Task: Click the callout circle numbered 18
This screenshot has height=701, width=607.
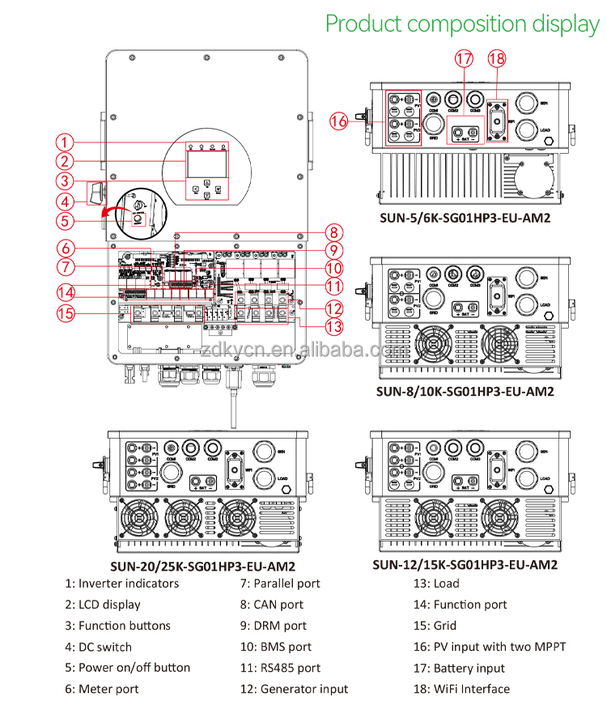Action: coord(497,59)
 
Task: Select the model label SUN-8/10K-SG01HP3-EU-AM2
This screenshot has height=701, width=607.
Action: coord(465,391)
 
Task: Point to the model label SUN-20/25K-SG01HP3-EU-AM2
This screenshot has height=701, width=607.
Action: coord(202,567)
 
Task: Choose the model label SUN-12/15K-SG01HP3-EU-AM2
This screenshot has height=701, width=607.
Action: coord(465,564)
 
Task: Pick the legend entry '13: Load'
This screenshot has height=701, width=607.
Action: coord(435,584)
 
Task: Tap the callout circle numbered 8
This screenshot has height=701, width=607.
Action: coord(333,231)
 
